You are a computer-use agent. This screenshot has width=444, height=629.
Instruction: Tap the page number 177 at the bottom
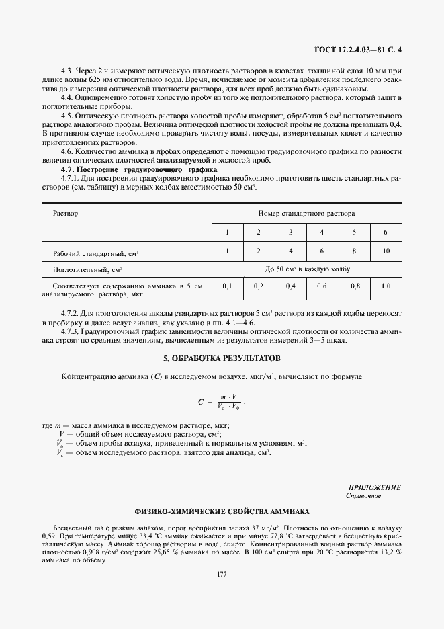point(221,573)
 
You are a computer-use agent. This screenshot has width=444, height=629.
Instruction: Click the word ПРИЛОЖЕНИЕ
point(374,487)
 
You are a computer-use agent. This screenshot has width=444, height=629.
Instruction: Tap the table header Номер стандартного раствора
point(306,213)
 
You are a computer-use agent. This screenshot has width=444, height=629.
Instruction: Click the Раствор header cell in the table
point(65,213)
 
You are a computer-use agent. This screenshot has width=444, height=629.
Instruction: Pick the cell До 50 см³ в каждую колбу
point(306,269)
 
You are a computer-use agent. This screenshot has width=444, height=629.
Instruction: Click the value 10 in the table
point(385,251)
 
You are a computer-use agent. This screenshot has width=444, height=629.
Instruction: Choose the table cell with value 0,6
point(322,286)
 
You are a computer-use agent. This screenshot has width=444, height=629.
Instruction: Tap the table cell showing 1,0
point(385,286)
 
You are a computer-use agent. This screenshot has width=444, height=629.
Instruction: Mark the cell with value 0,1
point(227,286)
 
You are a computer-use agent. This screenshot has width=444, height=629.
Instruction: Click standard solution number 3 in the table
point(290,232)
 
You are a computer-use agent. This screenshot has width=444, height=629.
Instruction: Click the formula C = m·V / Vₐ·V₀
point(221,402)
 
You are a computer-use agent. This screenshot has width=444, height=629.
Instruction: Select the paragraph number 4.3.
point(66,70)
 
